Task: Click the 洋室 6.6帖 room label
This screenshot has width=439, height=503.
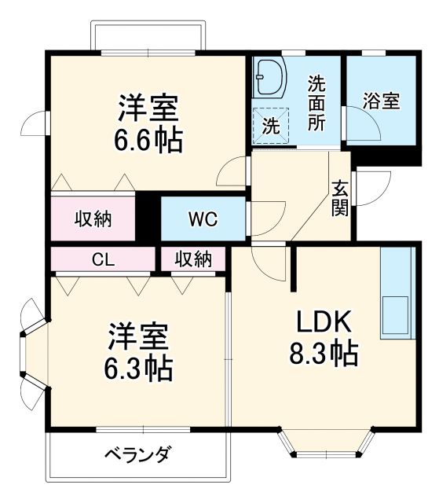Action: [x=149, y=123]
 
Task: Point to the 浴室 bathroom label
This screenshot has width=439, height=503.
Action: [x=382, y=101]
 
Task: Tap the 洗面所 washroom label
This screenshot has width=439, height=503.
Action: [x=317, y=101]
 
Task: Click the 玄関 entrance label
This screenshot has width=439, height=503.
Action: [x=340, y=198]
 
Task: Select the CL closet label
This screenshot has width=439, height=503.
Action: [x=102, y=259]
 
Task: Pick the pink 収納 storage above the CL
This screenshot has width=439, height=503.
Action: [x=93, y=218]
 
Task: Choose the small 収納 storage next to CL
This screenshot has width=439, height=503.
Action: [x=192, y=259]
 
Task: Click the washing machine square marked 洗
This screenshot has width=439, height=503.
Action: [x=270, y=125]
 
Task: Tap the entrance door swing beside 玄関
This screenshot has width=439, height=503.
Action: [x=369, y=189]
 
